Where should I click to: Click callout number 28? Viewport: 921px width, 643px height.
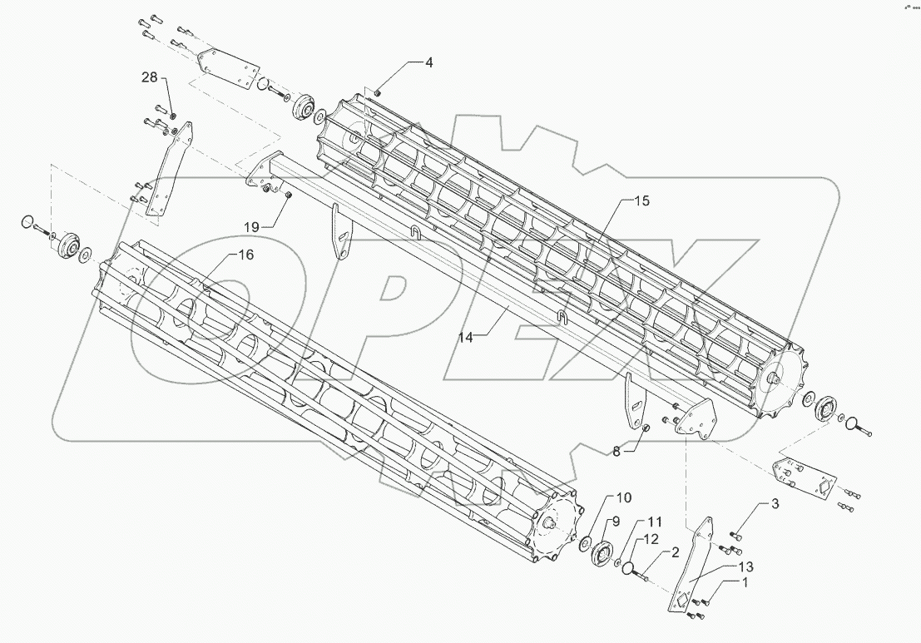click(148, 77)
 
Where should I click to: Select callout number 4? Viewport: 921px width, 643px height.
click(428, 62)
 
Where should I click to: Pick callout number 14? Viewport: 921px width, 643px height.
click(466, 337)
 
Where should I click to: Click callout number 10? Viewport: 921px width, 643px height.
click(623, 497)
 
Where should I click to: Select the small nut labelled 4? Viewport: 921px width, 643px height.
click(376, 92)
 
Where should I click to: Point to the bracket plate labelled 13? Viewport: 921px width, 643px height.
click(688, 574)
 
